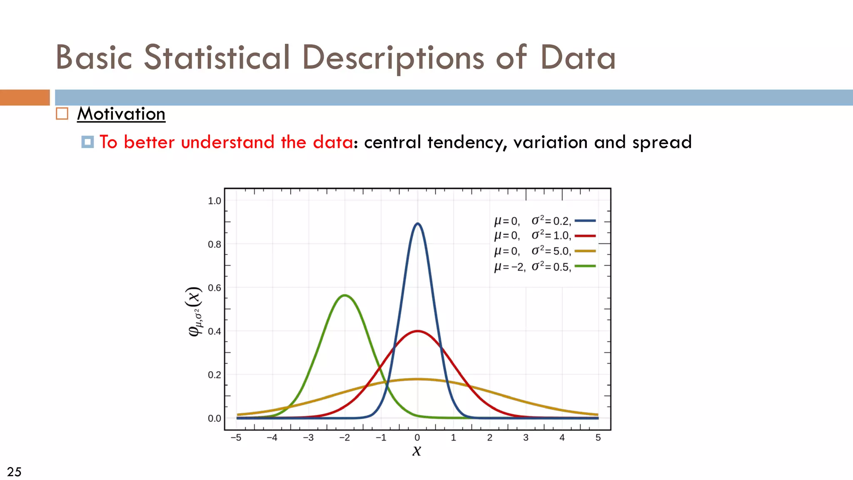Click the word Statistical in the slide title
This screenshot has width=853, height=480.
[217, 57]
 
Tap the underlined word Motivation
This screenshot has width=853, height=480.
[121, 114]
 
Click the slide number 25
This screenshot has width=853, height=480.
[14, 472]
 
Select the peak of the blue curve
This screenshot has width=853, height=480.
[417, 224]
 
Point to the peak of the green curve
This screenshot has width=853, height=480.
[344, 295]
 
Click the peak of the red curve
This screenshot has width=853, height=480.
[417, 331]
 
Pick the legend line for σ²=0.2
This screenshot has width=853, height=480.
[585, 221]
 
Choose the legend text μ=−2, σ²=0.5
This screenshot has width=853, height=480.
[532, 267]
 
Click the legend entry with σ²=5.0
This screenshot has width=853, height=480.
[532, 251]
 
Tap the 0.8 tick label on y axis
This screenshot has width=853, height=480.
[214, 245]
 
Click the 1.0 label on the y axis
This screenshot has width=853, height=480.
[214, 201]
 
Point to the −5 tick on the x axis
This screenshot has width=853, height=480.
[236, 437]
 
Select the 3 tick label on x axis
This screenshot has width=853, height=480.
[526, 437]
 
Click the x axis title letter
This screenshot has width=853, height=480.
[417, 451]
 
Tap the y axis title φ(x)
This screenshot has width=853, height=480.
[194, 311]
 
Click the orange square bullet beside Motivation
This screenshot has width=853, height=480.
[62, 114]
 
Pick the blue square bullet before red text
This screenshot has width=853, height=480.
[87, 142]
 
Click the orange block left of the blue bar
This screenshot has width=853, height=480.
[25, 97]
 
